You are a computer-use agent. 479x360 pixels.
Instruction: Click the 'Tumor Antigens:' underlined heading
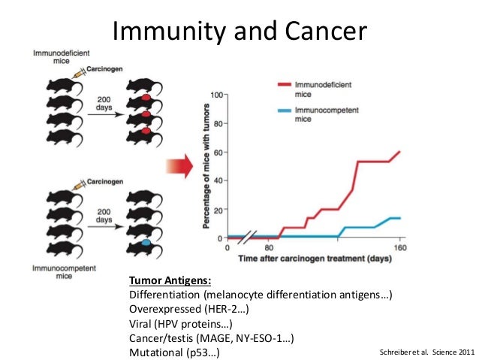(168, 280)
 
